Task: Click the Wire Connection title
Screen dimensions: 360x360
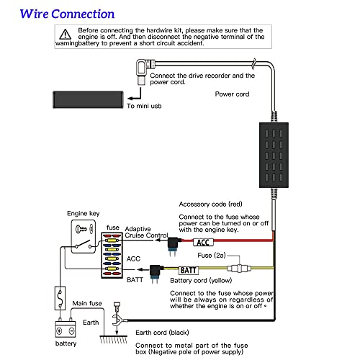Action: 67,14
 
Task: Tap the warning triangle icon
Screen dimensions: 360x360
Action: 66,35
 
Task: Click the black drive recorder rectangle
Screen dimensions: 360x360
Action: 88,99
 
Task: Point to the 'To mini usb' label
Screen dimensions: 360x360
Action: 144,106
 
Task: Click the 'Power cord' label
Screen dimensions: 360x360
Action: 232,94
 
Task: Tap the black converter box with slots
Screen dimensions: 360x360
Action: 274,155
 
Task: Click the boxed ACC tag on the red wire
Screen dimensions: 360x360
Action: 203,243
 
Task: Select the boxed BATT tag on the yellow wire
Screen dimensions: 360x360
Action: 189,271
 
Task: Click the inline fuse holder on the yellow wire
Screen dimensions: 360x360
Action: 239,268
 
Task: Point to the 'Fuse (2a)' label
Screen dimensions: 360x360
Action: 212,256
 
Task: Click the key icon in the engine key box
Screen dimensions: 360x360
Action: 81,229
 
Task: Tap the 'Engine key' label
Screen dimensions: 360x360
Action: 84,213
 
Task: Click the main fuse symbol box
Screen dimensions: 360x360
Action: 60,298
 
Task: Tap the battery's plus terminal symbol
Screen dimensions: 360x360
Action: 59,331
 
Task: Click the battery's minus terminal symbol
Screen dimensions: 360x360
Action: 71,331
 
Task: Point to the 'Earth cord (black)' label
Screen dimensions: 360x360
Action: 162,333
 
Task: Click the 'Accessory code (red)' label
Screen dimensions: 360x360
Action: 211,204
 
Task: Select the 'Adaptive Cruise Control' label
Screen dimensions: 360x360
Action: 146,232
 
